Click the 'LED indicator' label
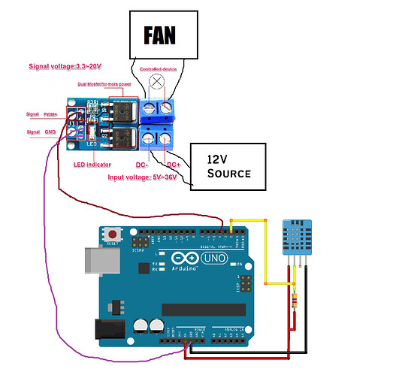pos(92,165)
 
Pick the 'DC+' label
pos(173,164)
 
